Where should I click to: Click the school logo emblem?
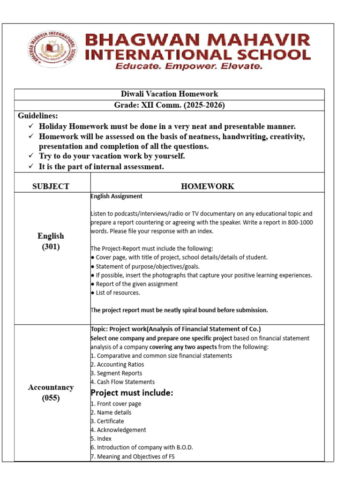tap(51, 51)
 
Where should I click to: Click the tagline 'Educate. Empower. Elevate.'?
tap(189, 67)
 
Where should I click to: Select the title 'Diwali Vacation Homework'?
tap(169, 94)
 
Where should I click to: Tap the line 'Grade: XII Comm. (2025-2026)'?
tap(169, 105)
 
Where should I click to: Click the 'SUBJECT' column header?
tap(51, 186)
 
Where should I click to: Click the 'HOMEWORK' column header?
tap(207, 186)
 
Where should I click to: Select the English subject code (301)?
tap(51, 247)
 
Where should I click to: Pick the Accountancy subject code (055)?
tap(51, 399)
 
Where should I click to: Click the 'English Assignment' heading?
tap(117, 196)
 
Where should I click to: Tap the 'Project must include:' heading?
tap(132, 393)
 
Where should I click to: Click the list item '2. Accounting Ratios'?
tap(117, 364)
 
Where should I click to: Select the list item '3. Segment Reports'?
tap(116, 373)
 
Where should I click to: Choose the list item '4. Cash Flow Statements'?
tap(122, 382)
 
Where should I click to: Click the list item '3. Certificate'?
tap(107, 421)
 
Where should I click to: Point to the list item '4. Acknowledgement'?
tap(118, 430)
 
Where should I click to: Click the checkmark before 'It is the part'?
tap(31, 167)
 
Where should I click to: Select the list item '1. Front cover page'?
tap(116, 404)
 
